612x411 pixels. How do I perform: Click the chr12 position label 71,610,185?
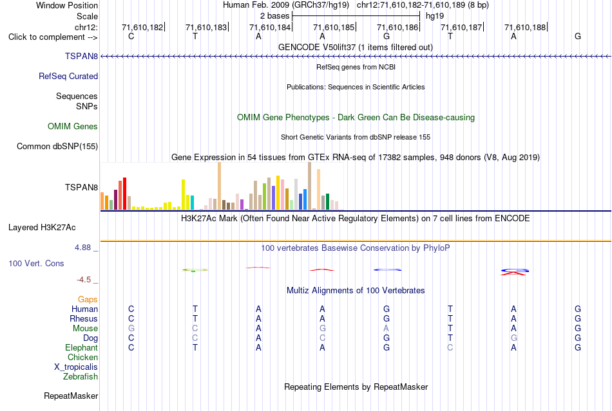coord(334,27)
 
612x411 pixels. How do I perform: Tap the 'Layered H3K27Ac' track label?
coord(42,228)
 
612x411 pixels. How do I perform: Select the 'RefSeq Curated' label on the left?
coord(68,77)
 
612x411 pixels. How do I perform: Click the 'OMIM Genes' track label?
coord(73,126)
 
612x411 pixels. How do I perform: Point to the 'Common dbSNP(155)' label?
coord(57,147)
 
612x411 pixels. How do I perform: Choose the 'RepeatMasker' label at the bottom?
coord(71,396)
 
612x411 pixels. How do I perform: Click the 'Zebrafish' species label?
coord(81,377)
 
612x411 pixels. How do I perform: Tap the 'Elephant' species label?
coord(82,348)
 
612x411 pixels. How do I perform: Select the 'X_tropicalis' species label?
coord(76,367)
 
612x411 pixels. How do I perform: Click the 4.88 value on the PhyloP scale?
coord(82,248)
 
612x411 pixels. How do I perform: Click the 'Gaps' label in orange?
coord(88,299)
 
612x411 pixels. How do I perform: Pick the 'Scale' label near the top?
coord(88,16)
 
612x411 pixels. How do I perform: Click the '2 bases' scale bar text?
coord(275,16)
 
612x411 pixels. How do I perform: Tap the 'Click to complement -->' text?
coord(53,37)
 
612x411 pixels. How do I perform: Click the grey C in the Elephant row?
coord(450,347)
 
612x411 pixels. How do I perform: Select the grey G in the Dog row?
coord(514,338)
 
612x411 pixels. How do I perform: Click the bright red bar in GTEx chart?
coord(124,194)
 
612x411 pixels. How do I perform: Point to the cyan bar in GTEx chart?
coord(192,203)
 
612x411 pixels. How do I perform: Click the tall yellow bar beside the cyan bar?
coord(183,195)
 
